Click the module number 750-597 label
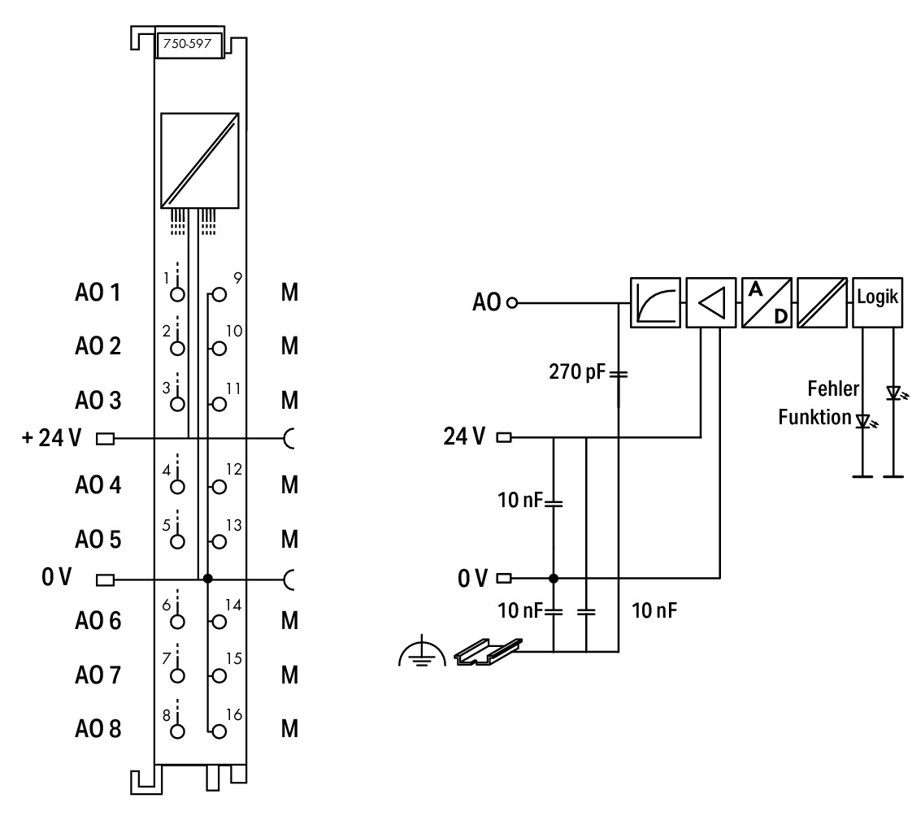pyautogui.click(x=187, y=44)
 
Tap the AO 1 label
pyautogui.click(x=98, y=292)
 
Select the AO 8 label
pyautogui.click(x=98, y=729)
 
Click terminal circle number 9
pyautogui.click(x=219, y=295)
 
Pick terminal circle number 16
pyautogui.click(x=219, y=731)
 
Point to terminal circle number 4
pyautogui.click(x=177, y=487)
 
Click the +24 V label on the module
pyautogui.click(x=51, y=437)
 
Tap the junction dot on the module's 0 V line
pyautogui.click(x=207, y=579)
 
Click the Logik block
pyautogui.click(x=878, y=302)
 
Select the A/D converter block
pyautogui.click(x=767, y=302)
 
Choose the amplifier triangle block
pyautogui.click(x=710, y=302)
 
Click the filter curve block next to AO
pyautogui.click(x=655, y=302)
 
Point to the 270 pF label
pyautogui.click(x=577, y=371)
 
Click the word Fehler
pyautogui.click(x=833, y=388)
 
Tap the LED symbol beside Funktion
pyautogui.click(x=866, y=420)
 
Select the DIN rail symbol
pyautogui.click(x=488, y=652)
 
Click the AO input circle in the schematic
pyautogui.click(x=512, y=302)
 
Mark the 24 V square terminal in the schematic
pyautogui.click(x=504, y=436)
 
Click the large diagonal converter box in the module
pyautogui.click(x=199, y=161)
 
